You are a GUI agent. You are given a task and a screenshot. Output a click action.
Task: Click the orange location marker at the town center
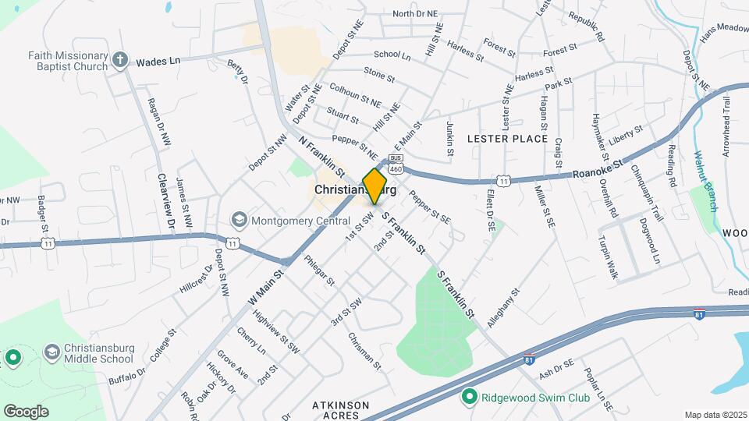(375, 186)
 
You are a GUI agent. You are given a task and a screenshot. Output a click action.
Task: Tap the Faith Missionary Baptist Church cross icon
(119, 59)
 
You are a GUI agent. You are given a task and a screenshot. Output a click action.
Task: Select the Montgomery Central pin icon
(240, 221)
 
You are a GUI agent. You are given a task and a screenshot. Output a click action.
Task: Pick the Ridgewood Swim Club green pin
(469, 397)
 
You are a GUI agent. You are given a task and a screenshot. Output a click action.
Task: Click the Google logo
(26, 411)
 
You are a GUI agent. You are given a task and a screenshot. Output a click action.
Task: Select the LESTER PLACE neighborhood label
(507, 139)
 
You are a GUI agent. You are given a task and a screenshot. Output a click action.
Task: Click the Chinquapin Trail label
(645, 192)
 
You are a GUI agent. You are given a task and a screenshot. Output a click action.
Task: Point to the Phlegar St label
(318, 270)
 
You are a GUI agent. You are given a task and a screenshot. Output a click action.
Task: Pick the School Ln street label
(392, 55)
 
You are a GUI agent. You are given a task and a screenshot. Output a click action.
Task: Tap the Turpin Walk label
(608, 257)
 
